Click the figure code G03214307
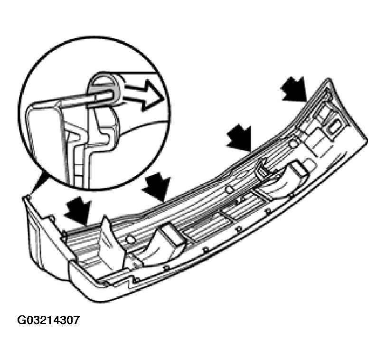[x=48, y=320]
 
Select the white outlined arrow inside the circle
[x=143, y=95]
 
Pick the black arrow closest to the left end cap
[x=78, y=211]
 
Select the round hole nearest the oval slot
[x=293, y=144]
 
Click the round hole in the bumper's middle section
[x=229, y=189]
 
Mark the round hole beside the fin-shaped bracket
[x=130, y=239]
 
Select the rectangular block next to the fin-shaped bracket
[x=172, y=236]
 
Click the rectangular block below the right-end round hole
[x=299, y=168]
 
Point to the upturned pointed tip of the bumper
[x=329, y=80]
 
